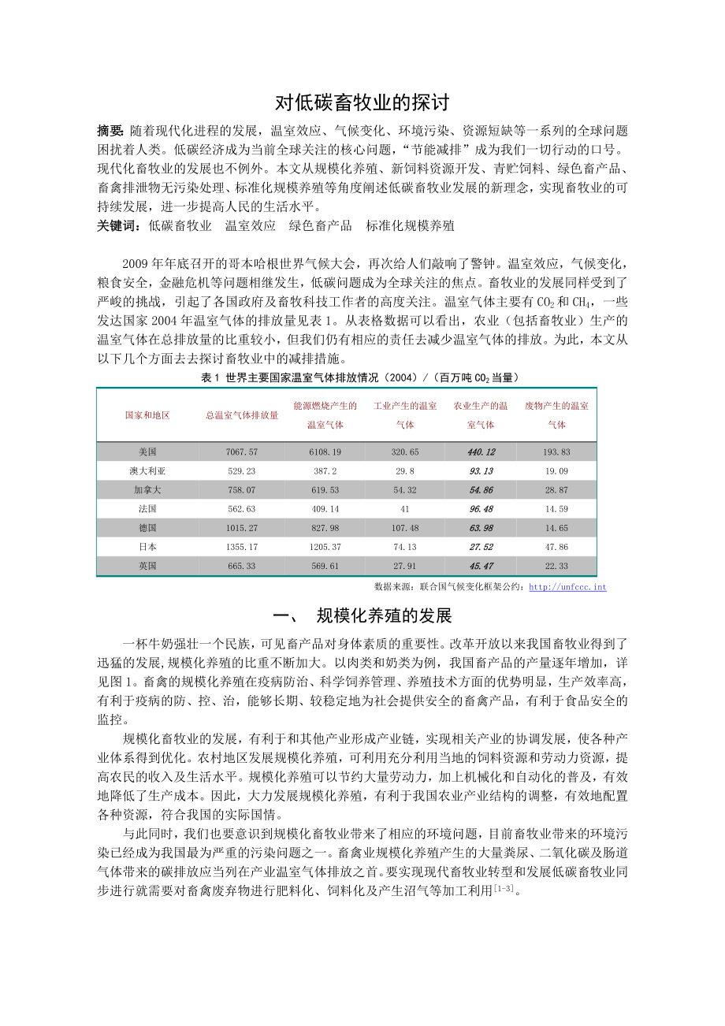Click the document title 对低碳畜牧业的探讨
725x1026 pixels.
tap(362, 102)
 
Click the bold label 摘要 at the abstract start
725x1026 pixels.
tap(110, 130)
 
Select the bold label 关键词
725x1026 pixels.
tap(118, 225)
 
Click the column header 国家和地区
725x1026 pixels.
tap(147, 415)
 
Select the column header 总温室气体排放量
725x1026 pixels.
tap(242, 415)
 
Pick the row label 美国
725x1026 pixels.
tap(147, 452)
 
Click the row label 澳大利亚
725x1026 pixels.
tap(147, 471)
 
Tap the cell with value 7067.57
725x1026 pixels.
tap(242, 452)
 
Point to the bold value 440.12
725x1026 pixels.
tap(481, 452)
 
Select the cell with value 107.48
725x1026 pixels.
tap(405, 528)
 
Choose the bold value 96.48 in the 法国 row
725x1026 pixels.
tap(481, 509)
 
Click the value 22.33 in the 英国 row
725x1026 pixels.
tap(557, 566)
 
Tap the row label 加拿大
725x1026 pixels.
tap(147, 490)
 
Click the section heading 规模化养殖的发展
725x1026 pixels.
tap(384, 615)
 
